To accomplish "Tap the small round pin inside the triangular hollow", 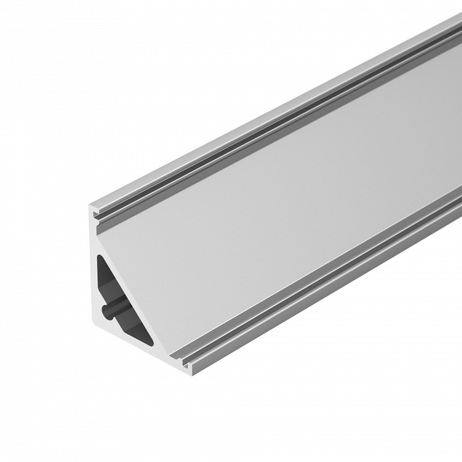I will point(109,312).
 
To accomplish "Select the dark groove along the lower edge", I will point(334,270).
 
